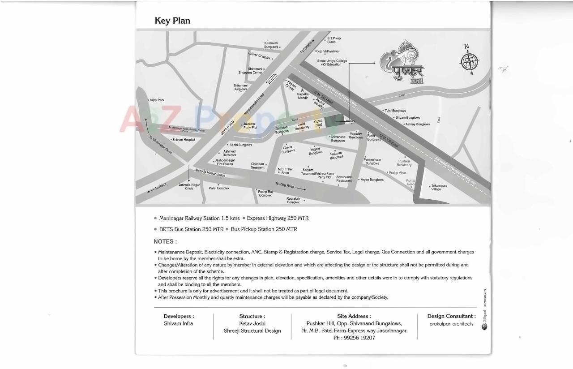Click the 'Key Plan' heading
(x=172, y=21)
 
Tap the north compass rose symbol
(x=470, y=60)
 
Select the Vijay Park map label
(x=157, y=100)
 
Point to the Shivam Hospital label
(x=184, y=140)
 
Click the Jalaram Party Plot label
(x=250, y=126)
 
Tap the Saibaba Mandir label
(x=303, y=96)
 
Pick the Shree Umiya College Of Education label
(x=332, y=63)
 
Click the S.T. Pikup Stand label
(x=334, y=40)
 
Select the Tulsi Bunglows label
(x=395, y=111)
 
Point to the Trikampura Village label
(x=439, y=187)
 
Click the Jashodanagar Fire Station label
(x=225, y=162)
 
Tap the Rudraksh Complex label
(x=293, y=200)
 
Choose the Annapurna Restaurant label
(x=344, y=179)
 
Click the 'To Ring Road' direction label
(x=285, y=185)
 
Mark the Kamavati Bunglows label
(x=271, y=45)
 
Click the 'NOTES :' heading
(x=165, y=241)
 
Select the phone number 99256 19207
(x=354, y=338)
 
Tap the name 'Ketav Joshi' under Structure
(x=252, y=323)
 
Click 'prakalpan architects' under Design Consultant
(x=451, y=324)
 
